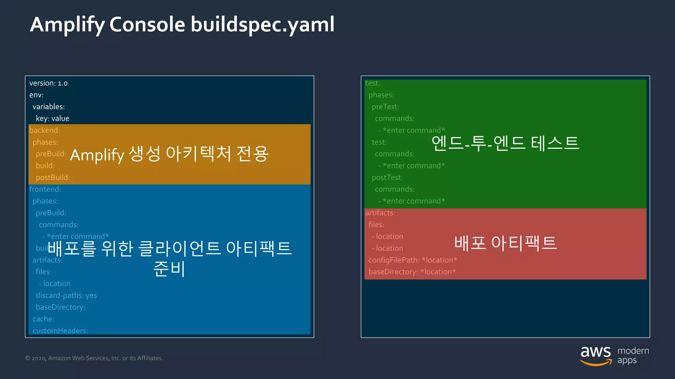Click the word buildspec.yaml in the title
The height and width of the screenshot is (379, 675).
coord(262,25)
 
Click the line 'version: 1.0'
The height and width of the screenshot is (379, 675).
coord(48,83)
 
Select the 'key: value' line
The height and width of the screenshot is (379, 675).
coord(52,118)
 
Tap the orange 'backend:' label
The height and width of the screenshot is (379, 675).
coord(44,130)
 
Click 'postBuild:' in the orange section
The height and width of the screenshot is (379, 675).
coord(53,178)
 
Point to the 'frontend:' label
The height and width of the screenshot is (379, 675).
coord(45,189)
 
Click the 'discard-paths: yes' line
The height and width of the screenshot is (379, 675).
coord(66,295)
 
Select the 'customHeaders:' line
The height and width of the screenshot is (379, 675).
coord(60,331)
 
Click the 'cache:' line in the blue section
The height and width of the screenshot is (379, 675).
coord(43,319)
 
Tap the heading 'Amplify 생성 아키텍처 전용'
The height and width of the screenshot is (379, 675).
coord(169,154)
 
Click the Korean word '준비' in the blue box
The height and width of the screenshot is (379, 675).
coord(169,269)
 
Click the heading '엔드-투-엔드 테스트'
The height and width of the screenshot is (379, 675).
coord(505,143)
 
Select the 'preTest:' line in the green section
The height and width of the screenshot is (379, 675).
coord(385,107)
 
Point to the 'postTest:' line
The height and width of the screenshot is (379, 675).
coord(387,178)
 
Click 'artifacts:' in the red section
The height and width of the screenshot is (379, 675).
coord(380,213)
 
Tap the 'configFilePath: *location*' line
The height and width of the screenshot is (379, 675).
coord(413,260)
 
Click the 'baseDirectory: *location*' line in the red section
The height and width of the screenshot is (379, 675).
coord(412,272)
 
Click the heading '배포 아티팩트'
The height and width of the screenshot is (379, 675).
coord(505,243)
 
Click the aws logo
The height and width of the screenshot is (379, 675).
coord(595,356)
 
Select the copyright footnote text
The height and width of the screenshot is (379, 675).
coord(94,358)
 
